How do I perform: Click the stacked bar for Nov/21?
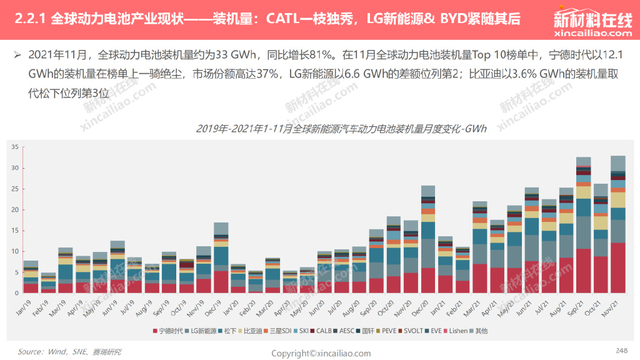[x=618, y=225]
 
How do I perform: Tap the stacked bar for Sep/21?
[x=584, y=225]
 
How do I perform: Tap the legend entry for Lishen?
[x=456, y=331]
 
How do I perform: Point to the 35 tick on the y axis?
[x=15, y=147]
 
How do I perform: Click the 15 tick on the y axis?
[x=15, y=231]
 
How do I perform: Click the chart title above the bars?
[x=341, y=129]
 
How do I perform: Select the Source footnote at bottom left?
[x=69, y=352]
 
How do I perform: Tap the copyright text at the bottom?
[x=321, y=354]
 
